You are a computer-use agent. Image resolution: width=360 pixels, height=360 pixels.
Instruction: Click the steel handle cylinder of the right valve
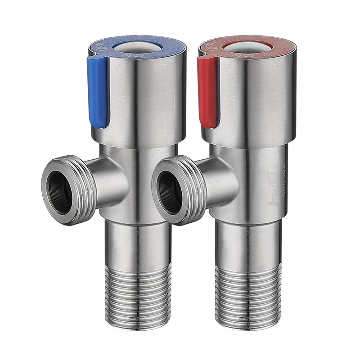pyautogui.click(x=256, y=99)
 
